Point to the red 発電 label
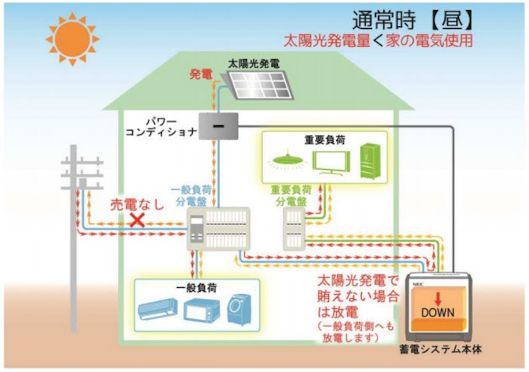click(201, 75)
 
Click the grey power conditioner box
click(220, 125)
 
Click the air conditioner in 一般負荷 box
click(159, 311)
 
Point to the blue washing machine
click(238, 310)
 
